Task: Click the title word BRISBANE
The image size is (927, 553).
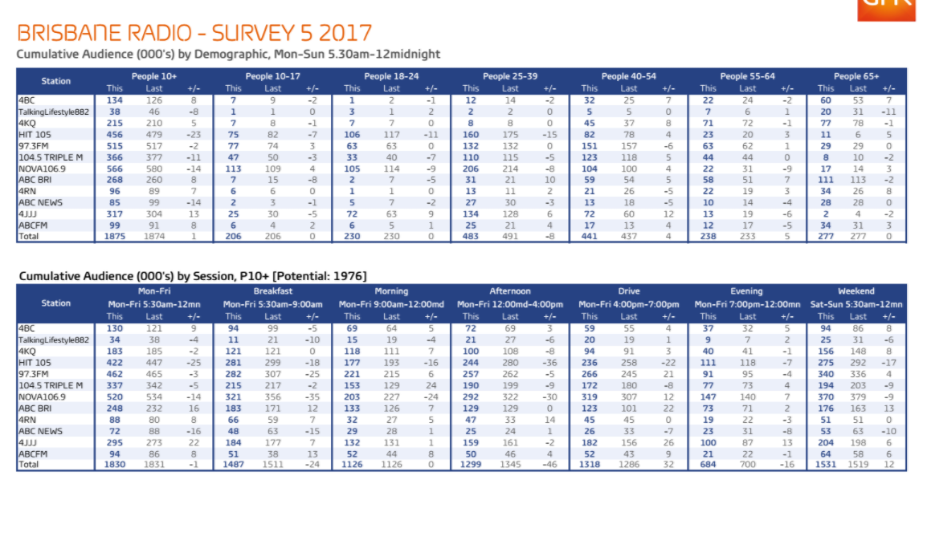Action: (x=71, y=33)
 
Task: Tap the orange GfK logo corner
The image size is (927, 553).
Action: (x=886, y=8)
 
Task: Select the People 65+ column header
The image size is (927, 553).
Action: (x=856, y=76)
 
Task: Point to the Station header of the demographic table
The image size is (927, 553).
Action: (x=56, y=81)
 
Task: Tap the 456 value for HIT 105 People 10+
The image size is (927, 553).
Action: (x=115, y=135)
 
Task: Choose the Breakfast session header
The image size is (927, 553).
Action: (x=272, y=291)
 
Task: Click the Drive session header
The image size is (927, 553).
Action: (x=629, y=291)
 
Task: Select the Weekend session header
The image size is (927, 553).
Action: (x=856, y=291)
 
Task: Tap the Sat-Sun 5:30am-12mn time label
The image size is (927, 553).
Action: (x=856, y=304)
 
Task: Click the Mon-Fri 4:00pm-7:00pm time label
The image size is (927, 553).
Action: (x=629, y=304)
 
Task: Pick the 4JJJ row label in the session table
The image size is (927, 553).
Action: (x=29, y=441)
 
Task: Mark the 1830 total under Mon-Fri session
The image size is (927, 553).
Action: (x=115, y=464)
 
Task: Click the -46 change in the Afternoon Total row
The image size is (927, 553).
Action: (x=549, y=464)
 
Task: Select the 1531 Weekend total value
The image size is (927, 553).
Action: (x=826, y=464)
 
